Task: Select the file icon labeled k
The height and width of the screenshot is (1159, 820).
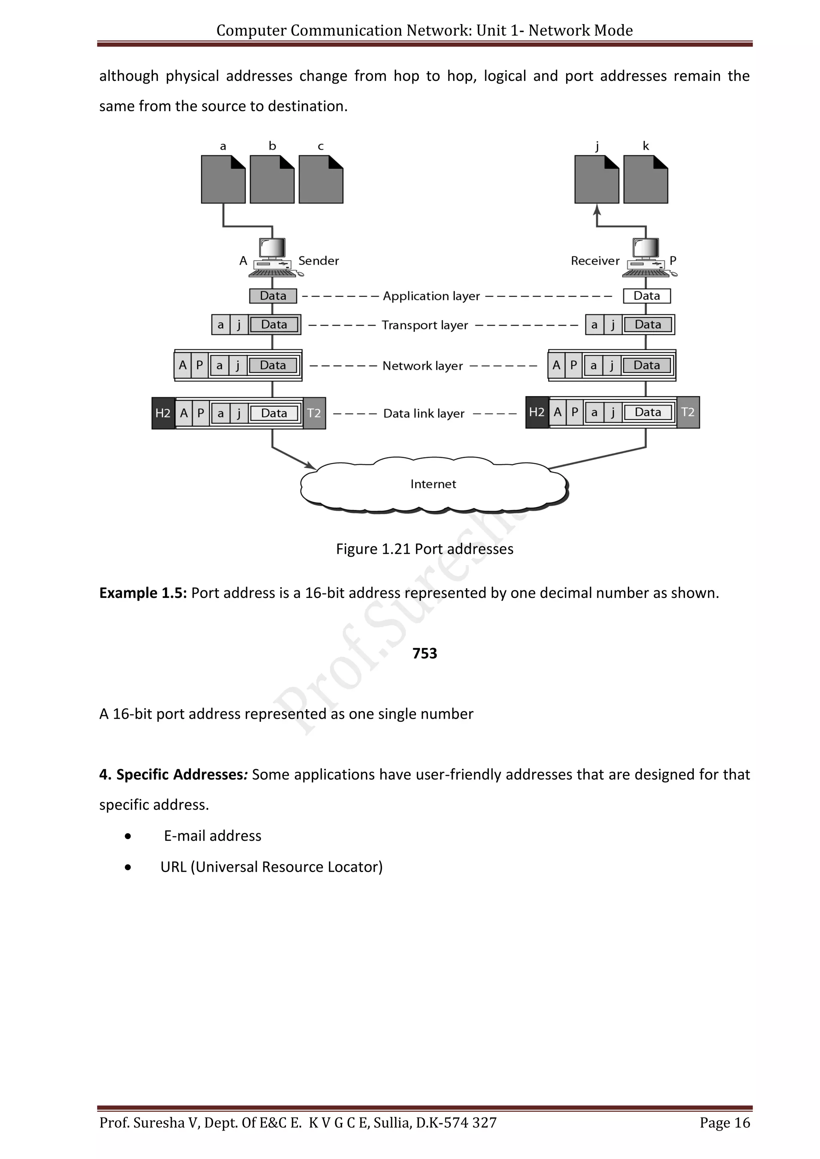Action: pos(645,179)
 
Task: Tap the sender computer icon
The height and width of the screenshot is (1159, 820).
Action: pos(273,257)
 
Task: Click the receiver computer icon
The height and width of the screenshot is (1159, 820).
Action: pos(646,257)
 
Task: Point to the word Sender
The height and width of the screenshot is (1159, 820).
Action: pos(319,261)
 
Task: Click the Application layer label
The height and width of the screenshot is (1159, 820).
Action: pos(431,296)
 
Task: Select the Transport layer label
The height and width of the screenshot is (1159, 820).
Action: pos(425,325)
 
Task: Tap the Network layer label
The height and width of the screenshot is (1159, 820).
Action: pos(423,365)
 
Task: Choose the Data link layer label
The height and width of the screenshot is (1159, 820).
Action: pos(424,413)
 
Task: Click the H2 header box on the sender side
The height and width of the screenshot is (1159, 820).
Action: pos(163,413)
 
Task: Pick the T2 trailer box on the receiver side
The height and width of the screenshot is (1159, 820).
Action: pos(688,413)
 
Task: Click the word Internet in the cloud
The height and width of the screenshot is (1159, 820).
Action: pos(433,484)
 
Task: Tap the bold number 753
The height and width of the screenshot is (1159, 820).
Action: pos(425,653)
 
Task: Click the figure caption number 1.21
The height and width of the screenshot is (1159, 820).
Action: pos(396,549)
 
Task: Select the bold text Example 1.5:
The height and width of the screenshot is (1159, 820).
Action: pos(143,593)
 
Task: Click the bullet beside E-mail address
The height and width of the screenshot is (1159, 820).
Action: pos(128,836)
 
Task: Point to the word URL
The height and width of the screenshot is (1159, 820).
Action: pos(173,867)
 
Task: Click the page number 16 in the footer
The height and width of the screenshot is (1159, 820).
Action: pos(742,1123)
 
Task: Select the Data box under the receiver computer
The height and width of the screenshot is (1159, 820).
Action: pos(646,296)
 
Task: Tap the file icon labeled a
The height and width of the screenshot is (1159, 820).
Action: pos(223,179)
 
